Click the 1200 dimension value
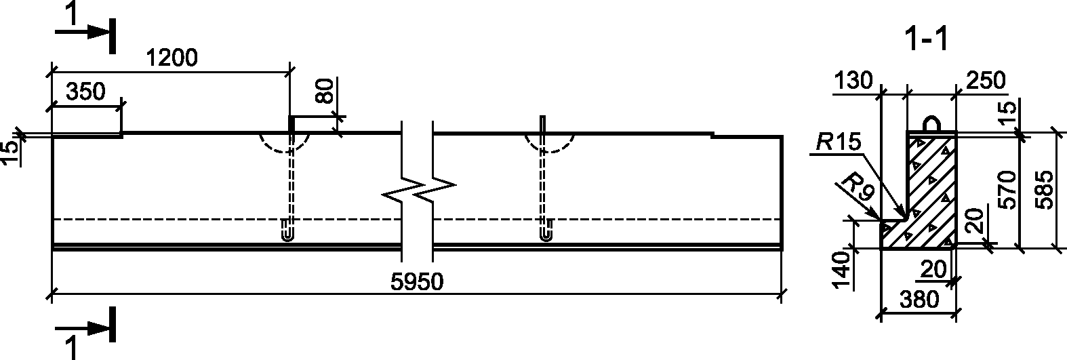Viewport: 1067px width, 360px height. click(x=172, y=58)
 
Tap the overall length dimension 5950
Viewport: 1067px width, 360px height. click(x=417, y=282)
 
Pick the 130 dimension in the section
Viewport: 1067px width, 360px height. click(x=853, y=81)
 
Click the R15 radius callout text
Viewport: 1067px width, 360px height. click(x=838, y=142)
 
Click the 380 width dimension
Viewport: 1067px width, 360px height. click(x=919, y=300)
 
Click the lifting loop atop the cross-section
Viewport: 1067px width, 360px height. click(x=931, y=125)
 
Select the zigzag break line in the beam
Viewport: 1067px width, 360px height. click(x=417, y=192)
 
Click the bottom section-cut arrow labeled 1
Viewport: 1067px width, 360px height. click(x=84, y=327)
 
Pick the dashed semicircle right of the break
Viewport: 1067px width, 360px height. click(x=550, y=144)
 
